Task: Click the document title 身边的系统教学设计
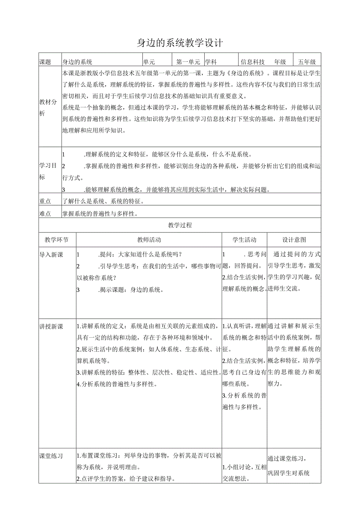180,43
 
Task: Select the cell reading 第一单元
188,62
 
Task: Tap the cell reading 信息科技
253,62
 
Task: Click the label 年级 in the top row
280,62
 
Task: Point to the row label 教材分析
48,108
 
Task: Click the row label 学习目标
48,171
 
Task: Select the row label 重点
45,201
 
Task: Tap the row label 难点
45,214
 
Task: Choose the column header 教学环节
57,240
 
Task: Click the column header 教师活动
149,240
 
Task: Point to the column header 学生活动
245,240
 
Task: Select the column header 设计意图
294,240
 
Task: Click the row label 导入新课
51,255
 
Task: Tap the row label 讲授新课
51,326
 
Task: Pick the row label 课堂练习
51,456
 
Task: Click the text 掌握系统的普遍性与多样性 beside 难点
101,214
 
